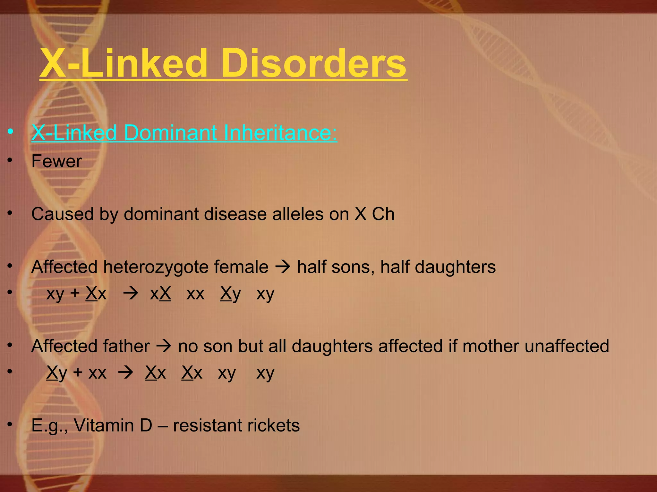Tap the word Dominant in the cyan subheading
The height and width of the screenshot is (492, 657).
click(x=170, y=133)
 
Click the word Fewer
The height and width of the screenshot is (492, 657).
click(x=57, y=161)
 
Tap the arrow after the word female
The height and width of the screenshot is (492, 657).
click(x=283, y=267)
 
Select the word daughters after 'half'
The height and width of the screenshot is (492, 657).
click(x=455, y=267)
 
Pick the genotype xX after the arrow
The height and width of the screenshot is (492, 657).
click(x=160, y=293)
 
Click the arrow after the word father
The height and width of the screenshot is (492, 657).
click(x=164, y=346)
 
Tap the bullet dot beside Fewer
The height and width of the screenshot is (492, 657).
click(x=10, y=160)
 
